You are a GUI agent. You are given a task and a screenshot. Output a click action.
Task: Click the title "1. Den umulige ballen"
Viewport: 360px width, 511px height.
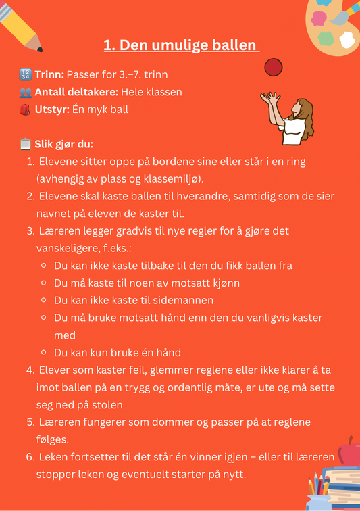click(x=181, y=45)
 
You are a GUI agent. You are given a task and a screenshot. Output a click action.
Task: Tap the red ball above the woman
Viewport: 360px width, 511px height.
click(x=273, y=67)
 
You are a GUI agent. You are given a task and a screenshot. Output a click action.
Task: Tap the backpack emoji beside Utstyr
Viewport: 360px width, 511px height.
click(x=26, y=109)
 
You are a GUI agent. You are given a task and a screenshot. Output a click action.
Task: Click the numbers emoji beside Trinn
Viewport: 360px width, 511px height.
click(x=26, y=74)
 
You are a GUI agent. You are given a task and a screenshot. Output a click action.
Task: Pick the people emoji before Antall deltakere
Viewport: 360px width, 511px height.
click(x=26, y=92)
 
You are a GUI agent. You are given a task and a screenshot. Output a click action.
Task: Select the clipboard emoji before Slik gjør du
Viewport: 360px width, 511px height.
click(x=26, y=144)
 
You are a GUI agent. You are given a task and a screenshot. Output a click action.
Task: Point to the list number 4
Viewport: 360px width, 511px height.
click(x=30, y=370)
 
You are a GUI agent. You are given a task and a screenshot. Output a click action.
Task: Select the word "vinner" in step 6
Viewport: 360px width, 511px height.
click(x=201, y=457)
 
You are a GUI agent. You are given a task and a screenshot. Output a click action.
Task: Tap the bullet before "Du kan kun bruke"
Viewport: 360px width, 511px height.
click(x=44, y=353)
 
